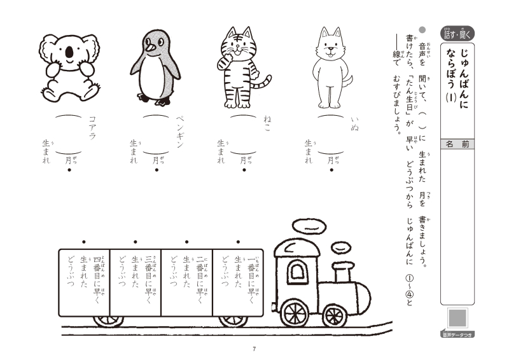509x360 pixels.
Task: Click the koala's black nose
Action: [x=69, y=52]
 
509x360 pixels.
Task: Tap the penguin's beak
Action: [x=150, y=48]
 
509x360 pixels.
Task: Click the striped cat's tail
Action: [x=263, y=83]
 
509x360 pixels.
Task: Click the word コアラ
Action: [x=92, y=128]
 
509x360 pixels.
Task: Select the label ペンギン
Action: [x=180, y=132]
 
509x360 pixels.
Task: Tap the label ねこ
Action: [x=267, y=124]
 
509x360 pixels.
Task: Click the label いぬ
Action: [x=354, y=124]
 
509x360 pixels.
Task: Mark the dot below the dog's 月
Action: [x=331, y=170]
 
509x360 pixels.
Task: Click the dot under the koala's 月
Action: [x=69, y=170]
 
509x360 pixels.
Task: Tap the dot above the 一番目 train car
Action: [x=238, y=242]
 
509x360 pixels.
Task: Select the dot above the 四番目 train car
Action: [x=84, y=242]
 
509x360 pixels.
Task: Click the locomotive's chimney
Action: [x=343, y=273]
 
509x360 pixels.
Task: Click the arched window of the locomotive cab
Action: [x=298, y=272]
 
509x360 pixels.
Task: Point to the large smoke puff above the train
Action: [x=309, y=226]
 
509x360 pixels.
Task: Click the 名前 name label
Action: [x=457, y=144]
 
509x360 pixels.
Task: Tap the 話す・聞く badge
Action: [x=457, y=34]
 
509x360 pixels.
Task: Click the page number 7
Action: [x=254, y=349]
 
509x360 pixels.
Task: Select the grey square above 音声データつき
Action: [x=457, y=317]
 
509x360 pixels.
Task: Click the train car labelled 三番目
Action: [x=136, y=282]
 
